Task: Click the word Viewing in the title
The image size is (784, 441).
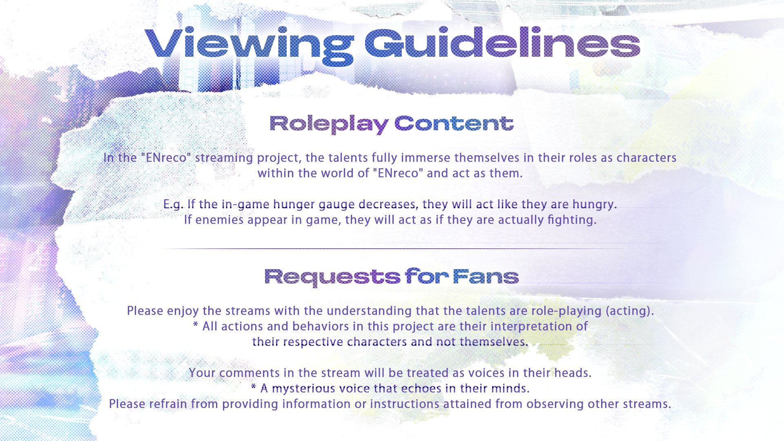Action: [249, 46]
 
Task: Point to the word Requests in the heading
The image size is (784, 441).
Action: [332, 278]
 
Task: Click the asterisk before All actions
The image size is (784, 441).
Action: [196, 325]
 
